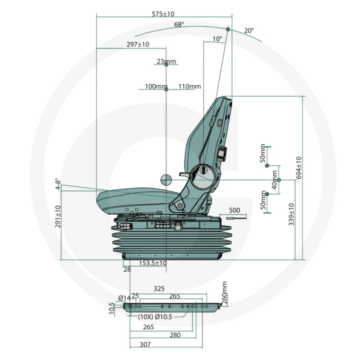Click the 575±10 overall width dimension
click(163, 14)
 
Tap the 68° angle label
click(179, 24)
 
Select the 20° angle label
click(249, 30)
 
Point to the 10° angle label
click(217, 39)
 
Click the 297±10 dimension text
click(138, 44)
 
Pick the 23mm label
click(166, 61)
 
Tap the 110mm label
click(189, 86)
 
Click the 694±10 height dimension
click(299, 168)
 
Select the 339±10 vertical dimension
click(291, 214)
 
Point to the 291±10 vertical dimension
click(58, 217)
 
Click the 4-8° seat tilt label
click(58, 184)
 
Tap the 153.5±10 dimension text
click(153, 263)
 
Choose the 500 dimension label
click(235, 211)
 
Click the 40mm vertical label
click(275, 180)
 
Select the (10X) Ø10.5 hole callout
click(155, 316)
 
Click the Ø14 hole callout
click(124, 298)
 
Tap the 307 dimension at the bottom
click(145, 345)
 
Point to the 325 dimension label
click(159, 289)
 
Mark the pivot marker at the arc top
click(228, 29)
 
